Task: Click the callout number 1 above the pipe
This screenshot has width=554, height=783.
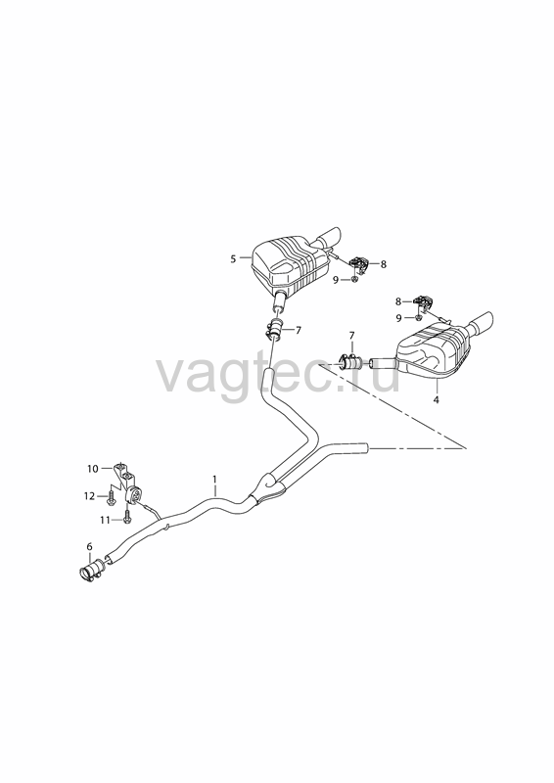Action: pyautogui.click(x=214, y=479)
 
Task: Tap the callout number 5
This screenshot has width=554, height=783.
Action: pyautogui.click(x=233, y=258)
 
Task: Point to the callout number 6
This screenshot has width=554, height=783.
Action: pyautogui.click(x=90, y=547)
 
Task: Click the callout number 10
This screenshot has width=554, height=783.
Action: pyautogui.click(x=93, y=469)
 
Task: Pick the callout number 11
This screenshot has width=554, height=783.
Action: pyautogui.click(x=105, y=520)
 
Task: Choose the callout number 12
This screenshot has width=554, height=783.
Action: pyautogui.click(x=89, y=496)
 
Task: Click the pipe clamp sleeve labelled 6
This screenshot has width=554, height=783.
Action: pyautogui.click(x=91, y=571)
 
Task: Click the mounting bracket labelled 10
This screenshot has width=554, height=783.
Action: pyautogui.click(x=127, y=484)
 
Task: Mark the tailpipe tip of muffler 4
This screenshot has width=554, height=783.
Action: pyautogui.click(x=485, y=322)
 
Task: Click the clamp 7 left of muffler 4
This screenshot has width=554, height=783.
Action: pyautogui.click(x=350, y=360)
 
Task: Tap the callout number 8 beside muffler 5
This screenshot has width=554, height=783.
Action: pyautogui.click(x=383, y=264)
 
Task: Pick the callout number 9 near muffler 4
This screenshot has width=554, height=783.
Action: pyautogui.click(x=398, y=317)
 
